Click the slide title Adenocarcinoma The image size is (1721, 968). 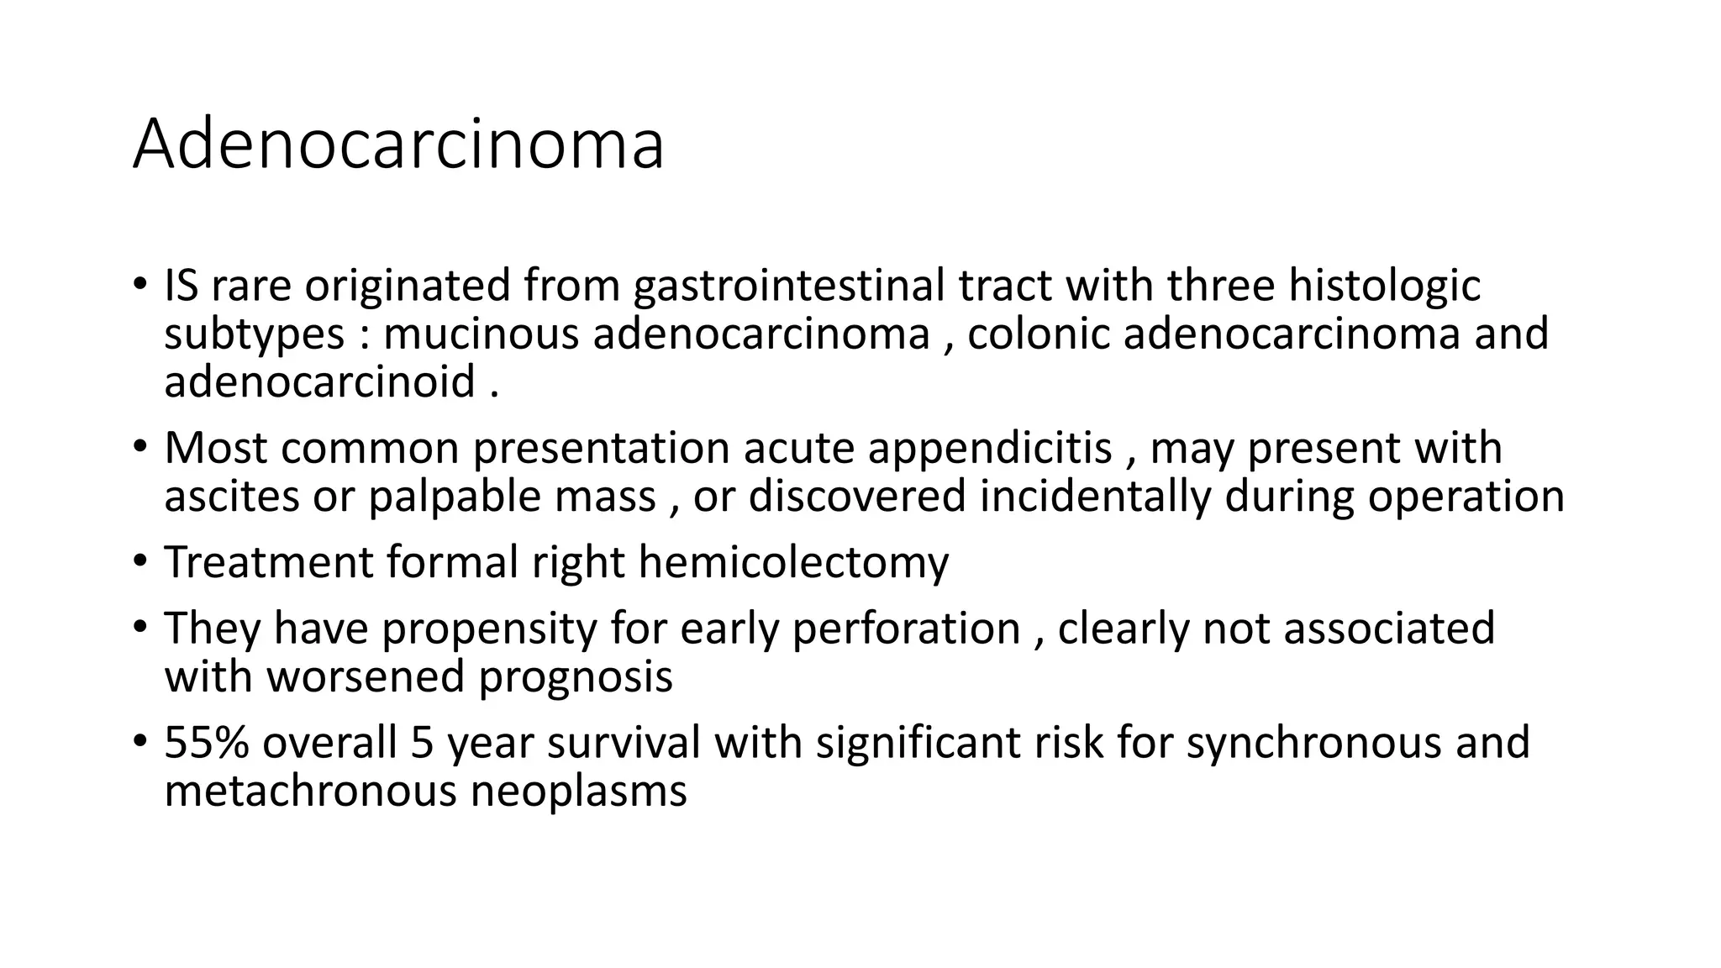tap(398, 145)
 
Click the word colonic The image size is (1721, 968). tap(1039, 334)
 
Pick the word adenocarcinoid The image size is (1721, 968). tap(320, 381)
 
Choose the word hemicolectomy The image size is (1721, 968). tap(793, 562)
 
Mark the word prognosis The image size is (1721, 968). tap(576, 676)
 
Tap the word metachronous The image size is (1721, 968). tap(310, 791)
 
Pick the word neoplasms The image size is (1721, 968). tap(578, 791)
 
